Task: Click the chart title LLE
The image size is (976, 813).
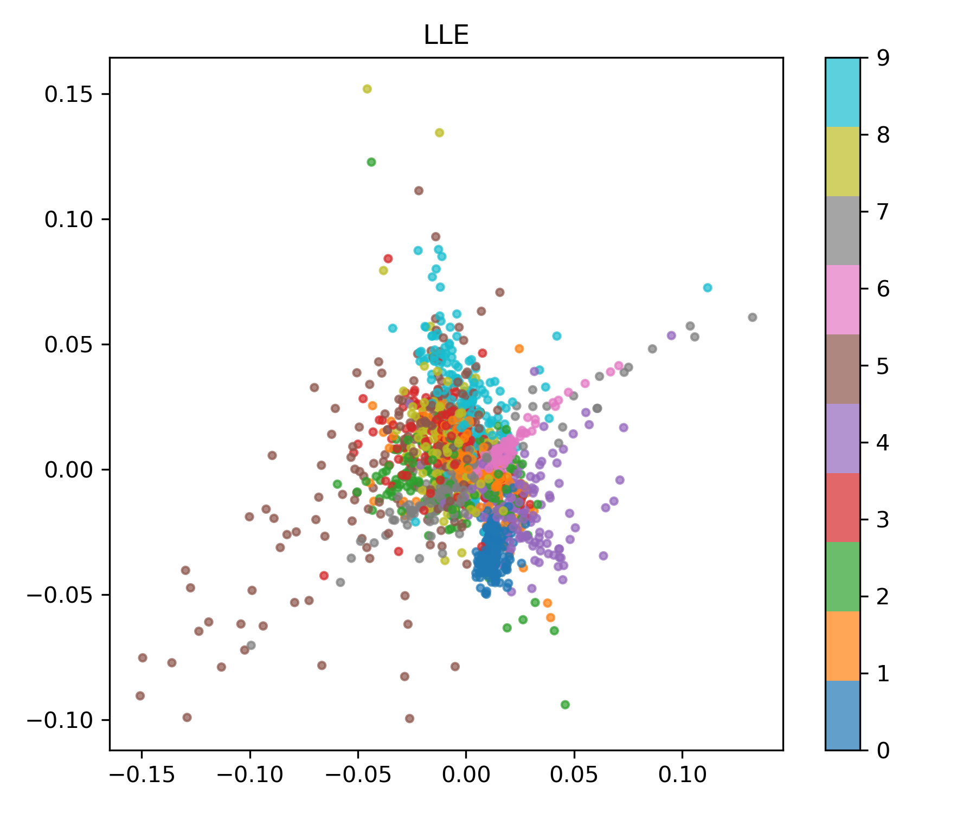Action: [446, 36]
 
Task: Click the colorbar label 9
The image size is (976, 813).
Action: [883, 58]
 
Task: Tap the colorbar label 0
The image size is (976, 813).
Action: [883, 750]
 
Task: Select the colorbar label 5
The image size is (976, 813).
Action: [883, 366]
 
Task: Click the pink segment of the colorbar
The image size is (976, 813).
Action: [843, 300]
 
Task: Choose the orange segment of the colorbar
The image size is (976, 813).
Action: [843, 646]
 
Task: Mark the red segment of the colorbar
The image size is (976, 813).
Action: [843, 507]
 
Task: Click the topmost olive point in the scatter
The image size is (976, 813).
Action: [367, 89]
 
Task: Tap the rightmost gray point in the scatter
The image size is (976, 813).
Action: [753, 317]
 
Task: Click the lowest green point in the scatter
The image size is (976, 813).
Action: [565, 705]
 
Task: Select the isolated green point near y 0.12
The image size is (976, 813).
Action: [371, 162]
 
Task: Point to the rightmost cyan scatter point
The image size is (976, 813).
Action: [708, 288]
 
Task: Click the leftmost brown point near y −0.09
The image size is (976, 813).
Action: [140, 695]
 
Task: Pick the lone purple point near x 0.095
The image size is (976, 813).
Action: [671, 335]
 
